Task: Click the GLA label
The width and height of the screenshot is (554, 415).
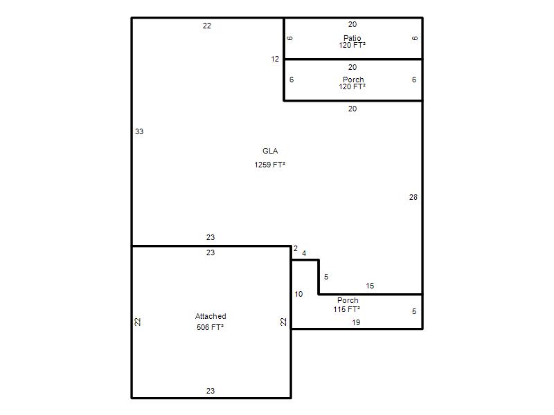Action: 270,151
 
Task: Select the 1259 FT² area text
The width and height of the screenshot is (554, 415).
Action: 269,165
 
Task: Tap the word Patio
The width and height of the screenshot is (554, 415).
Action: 352,38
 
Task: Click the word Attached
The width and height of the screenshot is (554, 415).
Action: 211,316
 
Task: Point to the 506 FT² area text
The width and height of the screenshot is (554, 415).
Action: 211,327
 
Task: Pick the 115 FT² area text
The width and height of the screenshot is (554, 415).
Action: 347,309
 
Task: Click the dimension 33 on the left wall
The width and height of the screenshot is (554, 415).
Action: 139,131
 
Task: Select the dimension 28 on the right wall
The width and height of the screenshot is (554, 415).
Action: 413,197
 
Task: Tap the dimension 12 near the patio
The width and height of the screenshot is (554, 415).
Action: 275,59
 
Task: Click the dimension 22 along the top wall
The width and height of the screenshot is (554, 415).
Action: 207,26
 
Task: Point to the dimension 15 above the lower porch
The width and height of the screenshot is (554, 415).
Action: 370,286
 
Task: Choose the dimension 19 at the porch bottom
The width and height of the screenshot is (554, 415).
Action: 356,322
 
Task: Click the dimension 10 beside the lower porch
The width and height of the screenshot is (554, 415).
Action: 298,294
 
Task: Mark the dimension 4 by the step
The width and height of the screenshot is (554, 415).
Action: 304,253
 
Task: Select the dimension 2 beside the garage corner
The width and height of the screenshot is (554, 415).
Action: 296,248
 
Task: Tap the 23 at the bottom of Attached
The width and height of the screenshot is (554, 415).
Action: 211,391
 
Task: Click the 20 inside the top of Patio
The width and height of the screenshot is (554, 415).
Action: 352,24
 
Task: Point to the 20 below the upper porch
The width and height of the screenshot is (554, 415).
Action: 352,109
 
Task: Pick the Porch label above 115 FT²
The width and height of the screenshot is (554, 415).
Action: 348,300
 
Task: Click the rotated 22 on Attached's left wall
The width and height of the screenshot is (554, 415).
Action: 138,322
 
